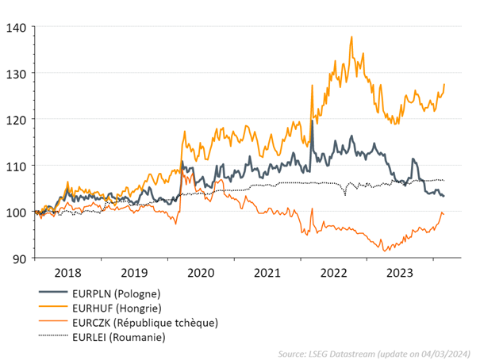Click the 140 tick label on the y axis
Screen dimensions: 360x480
coord(16,27)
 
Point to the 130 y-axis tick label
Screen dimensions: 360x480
coord(16,73)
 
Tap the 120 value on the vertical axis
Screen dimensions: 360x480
coord(16,119)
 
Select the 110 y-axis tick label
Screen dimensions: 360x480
coord(16,166)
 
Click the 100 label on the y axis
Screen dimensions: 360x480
coord(16,212)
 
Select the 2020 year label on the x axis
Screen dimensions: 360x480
coord(200,273)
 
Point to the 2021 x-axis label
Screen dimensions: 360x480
coord(267,273)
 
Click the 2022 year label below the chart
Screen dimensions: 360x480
coord(334,273)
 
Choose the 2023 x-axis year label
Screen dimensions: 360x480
coord(401,273)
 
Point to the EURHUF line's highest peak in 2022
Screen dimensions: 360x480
coord(351,36)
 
